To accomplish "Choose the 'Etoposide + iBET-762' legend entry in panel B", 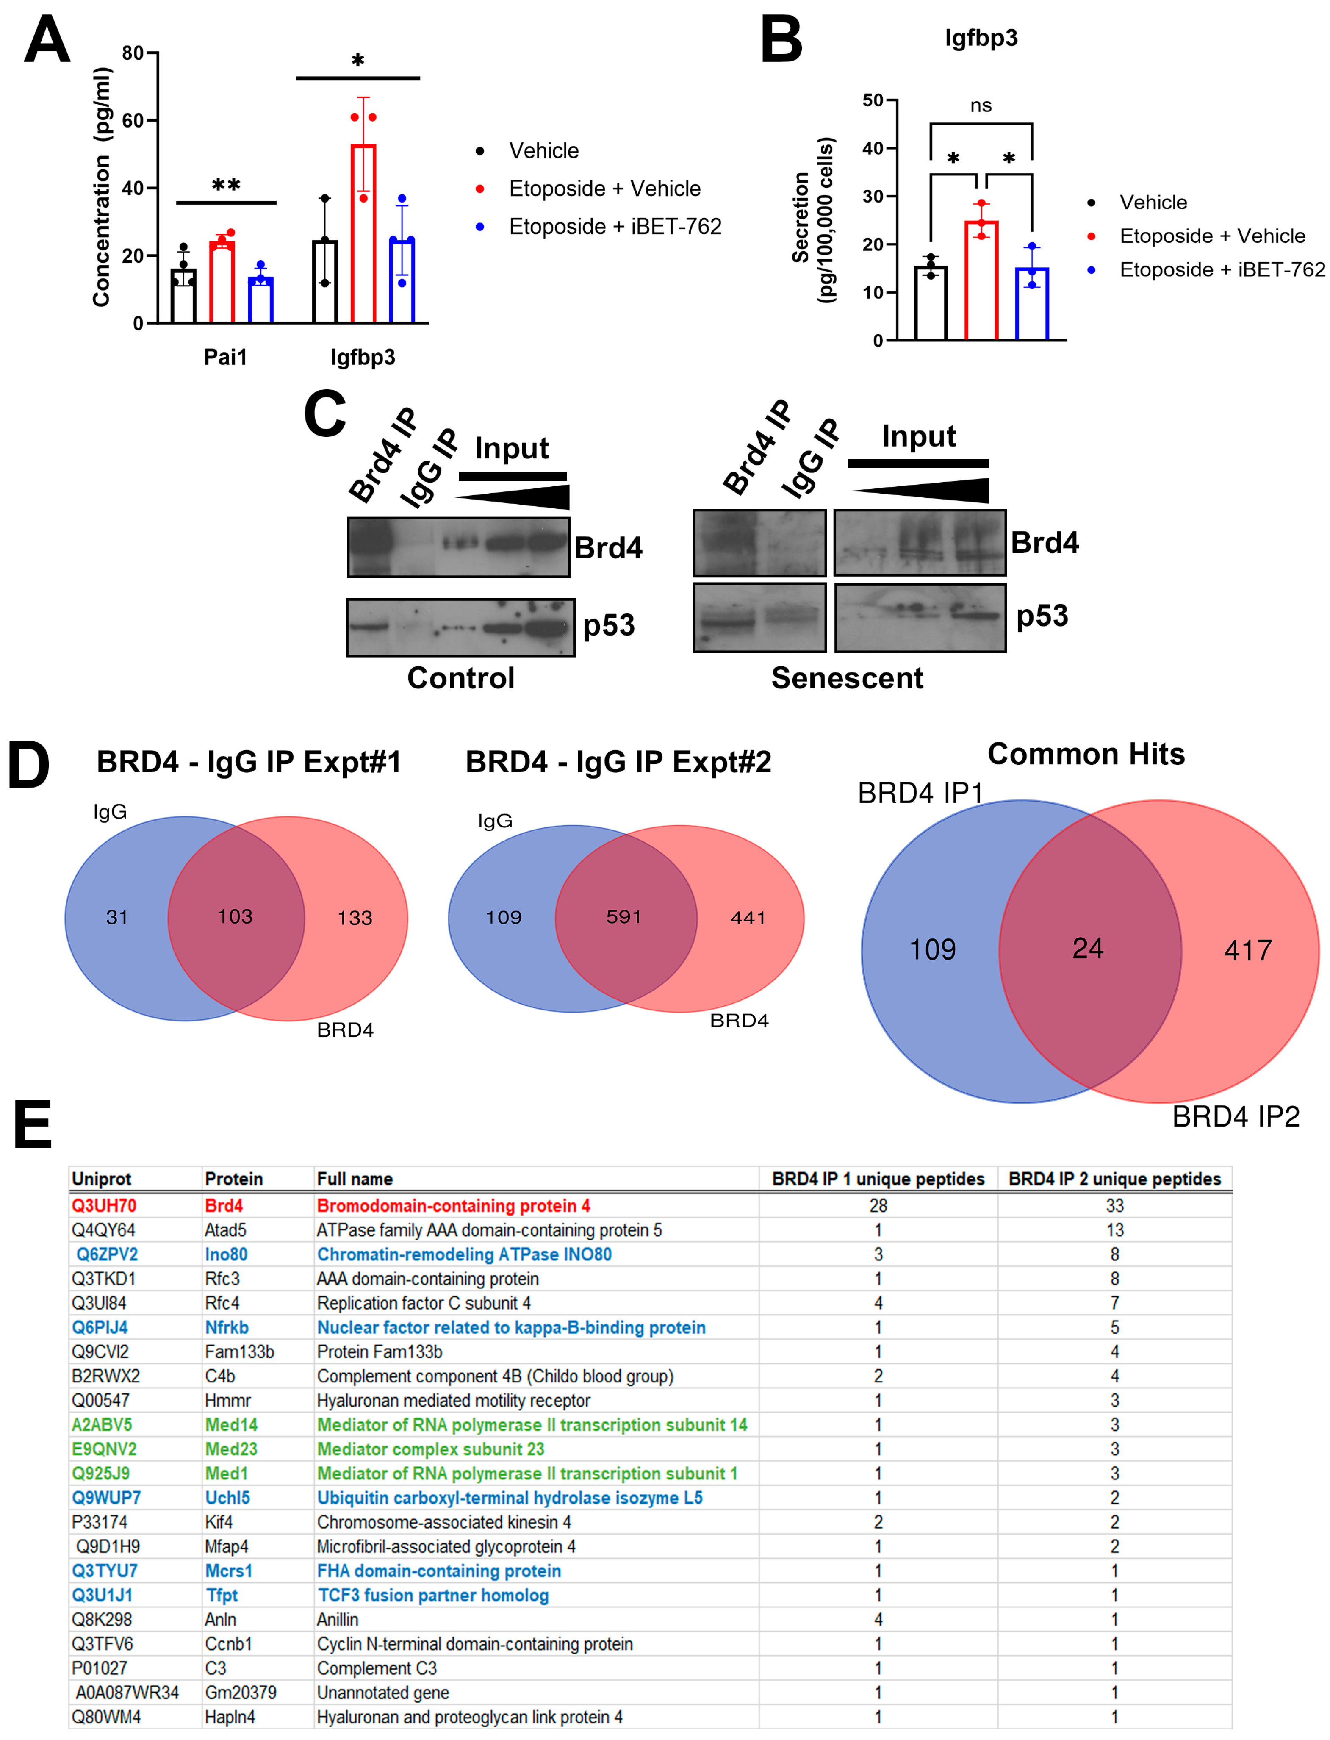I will (x=1221, y=270).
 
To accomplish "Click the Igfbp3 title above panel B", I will (x=981, y=38).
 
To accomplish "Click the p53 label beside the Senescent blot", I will (x=1042, y=616).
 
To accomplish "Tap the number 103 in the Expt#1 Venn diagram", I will (x=235, y=917).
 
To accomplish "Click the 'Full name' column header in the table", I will (x=355, y=1179).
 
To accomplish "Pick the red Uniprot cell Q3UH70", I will (x=104, y=1206).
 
